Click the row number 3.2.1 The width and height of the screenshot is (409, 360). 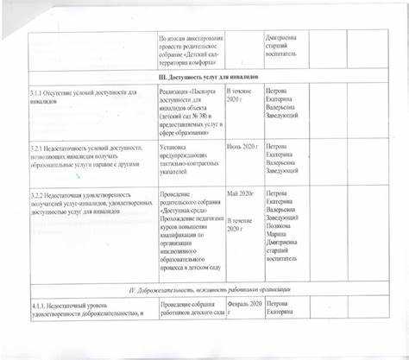click(x=38, y=148)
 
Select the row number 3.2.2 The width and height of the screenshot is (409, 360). click(x=39, y=195)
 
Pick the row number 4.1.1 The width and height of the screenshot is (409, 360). click(x=40, y=305)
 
